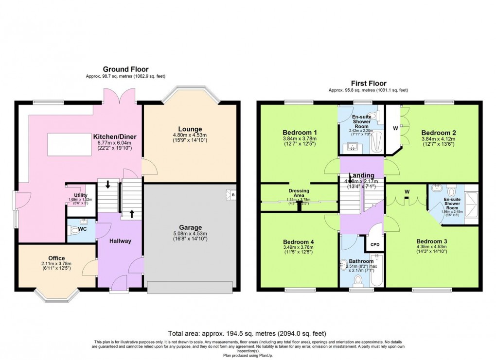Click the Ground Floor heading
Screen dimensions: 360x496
pyautogui.click(x=125, y=69)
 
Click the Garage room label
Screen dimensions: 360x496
pyautogui.click(x=190, y=227)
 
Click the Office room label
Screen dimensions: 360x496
pyautogui.click(x=56, y=258)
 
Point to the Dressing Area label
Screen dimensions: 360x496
pyautogui.click(x=299, y=191)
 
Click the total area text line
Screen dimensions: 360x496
pyautogui.click(x=247, y=334)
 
